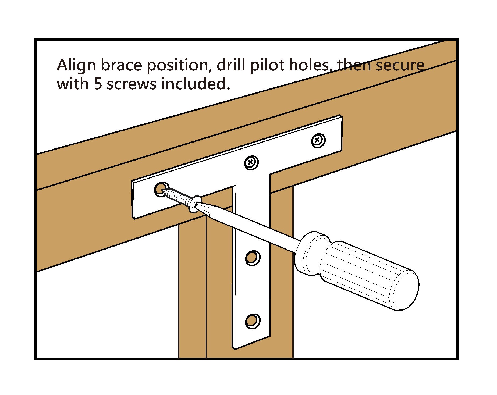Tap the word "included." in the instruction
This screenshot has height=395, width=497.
(x=196, y=84)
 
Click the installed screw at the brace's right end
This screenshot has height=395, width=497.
(x=318, y=140)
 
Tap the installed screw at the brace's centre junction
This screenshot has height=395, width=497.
(x=251, y=163)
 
